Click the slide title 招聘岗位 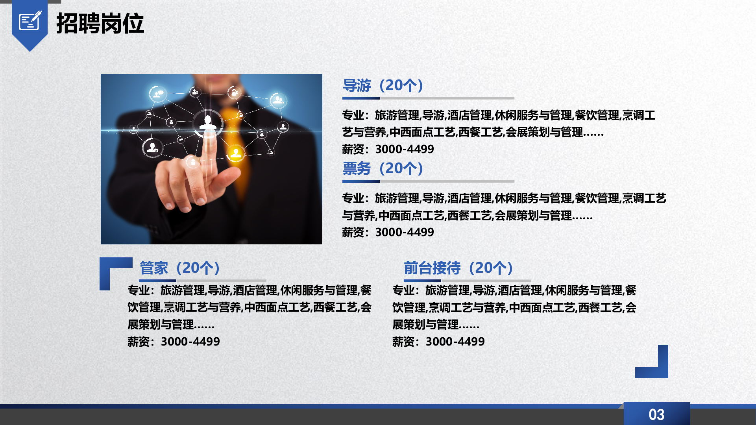[100, 23]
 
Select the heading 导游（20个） [383, 85]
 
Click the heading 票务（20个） [383, 168]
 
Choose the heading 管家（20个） [180, 268]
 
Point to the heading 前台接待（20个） [458, 268]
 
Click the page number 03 [656, 414]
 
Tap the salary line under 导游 [388, 149]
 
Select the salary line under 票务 [388, 232]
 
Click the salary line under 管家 [174, 342]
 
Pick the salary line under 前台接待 [438, 342]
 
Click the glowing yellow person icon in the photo [236, 153]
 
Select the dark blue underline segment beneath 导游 [361, 98]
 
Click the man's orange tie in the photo [236, 142]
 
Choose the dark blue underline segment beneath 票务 [361, 181]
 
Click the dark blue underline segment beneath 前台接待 [422, 281]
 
